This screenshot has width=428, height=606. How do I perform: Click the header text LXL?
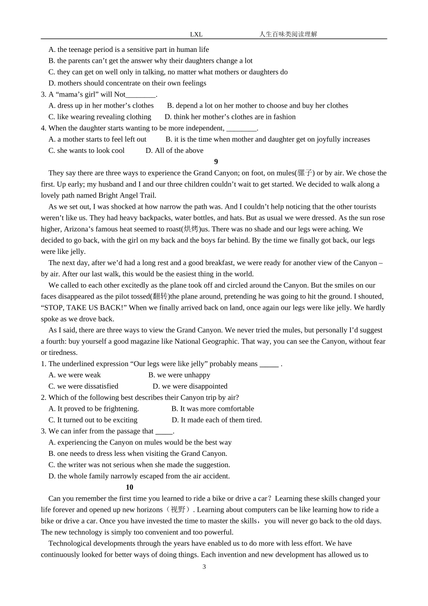point(196,34)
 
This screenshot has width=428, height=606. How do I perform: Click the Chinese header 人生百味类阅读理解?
point(288,34)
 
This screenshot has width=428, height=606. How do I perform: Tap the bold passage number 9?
point(216,162)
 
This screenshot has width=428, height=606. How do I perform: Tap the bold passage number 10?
point(130,487)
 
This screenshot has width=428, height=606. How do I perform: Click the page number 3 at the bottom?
point(204,567)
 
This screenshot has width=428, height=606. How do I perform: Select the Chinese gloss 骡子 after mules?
point(305,173)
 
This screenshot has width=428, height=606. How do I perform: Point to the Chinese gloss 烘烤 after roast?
point(191,229)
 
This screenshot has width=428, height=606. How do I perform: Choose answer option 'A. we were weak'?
point(75,375)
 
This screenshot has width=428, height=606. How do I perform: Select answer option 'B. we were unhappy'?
point(179,375)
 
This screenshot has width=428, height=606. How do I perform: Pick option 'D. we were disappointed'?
point(190,386)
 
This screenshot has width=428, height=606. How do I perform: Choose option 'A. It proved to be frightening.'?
point(94,409)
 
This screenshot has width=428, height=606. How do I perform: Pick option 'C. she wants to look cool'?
point(87,151)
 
